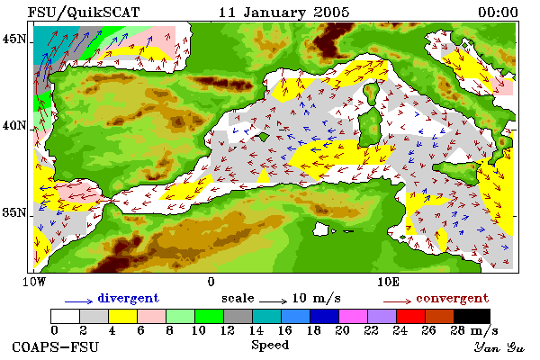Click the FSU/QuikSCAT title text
[x=84, y=13]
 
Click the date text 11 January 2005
[x=284, y=13]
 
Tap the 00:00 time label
[x=498, y=13]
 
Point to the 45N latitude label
[x=14, y=39]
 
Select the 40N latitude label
[x=14, y=125]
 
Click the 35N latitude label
[x=14, y=212]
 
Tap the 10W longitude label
[x=34, y=282]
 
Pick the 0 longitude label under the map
[x=211, y=282]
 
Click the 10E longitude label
[x=389, y=282]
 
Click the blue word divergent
[x=128, y=298]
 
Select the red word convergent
[x=452, y=298]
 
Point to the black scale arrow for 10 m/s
[x=273, y=301]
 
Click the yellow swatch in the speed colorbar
[x=122, y=316]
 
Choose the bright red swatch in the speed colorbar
[x=410, y=316]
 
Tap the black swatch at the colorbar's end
[x=472, y=316]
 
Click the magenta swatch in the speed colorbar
[x=353, y=316]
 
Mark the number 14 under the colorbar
[x=256, y=330]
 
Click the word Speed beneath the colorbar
[x=270, y=346]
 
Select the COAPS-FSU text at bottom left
[x=56, y=346]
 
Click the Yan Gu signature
[x=499, y=347]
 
